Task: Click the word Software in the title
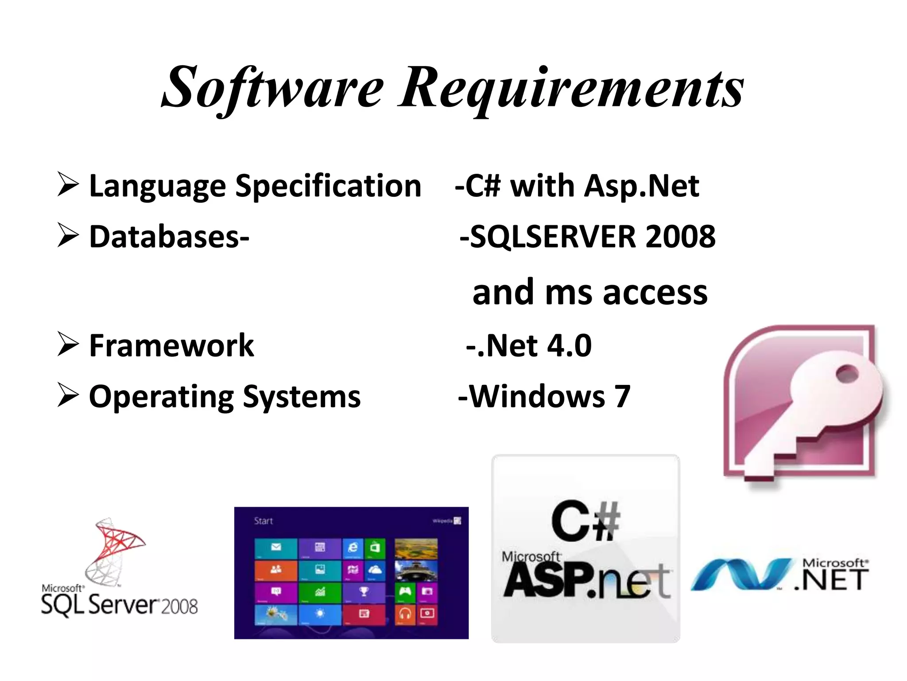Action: click(272, 88)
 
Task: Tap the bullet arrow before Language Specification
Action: click(68, 186)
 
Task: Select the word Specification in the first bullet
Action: click(328, 186)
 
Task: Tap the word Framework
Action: click(171, 346)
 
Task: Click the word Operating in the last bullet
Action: click(160, 397)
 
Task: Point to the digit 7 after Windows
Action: click(622, 397)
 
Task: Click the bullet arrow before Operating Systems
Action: click(68, 396)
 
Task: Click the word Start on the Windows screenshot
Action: click(264, 521)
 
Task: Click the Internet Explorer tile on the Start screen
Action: click(353, 548)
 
